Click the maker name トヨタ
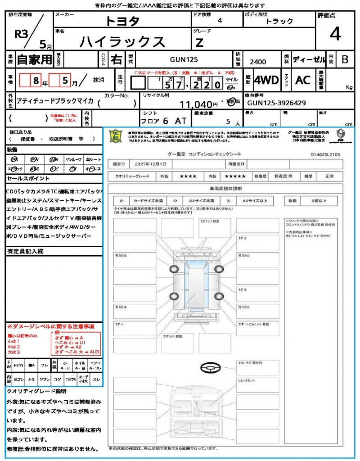tap(122, 21)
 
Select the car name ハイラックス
tap(122, 41)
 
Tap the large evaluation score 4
tap(335, 34)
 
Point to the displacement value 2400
tap(257, 62)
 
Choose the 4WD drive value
tap(266, 81)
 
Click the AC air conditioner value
tap(303, 80)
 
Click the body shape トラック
tap(279, 21)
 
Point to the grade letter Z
tap(199, 43)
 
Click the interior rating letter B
tap(345, 59)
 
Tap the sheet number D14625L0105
tap(325, 154)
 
